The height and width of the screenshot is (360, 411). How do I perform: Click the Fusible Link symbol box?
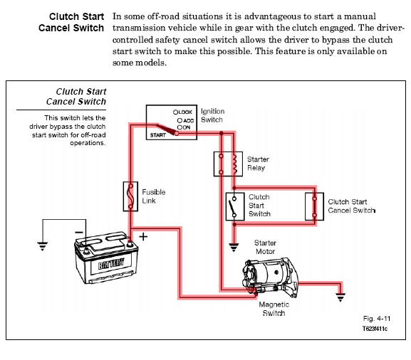124,196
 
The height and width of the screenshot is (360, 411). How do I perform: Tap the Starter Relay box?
214,164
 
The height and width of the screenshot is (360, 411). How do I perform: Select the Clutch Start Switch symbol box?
227,206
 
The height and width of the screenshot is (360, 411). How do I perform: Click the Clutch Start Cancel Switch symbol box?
306,206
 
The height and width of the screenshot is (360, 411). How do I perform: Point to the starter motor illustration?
270,278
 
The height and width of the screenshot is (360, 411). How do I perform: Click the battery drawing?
106,258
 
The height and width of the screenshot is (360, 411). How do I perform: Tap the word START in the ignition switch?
158,135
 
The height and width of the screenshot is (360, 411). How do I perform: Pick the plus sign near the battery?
143,237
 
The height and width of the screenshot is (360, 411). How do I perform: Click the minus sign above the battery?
79,232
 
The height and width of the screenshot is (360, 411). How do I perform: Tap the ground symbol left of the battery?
43,246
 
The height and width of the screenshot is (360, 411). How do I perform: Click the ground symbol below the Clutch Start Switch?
234,247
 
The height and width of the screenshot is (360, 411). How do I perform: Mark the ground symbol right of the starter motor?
340,297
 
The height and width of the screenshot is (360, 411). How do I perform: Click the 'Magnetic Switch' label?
274,309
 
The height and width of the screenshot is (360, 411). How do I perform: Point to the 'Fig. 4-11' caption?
377,319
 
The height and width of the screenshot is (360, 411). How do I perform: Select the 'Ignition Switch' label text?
212,115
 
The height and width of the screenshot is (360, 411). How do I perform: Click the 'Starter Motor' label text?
265,247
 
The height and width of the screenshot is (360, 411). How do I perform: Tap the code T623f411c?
375,329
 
